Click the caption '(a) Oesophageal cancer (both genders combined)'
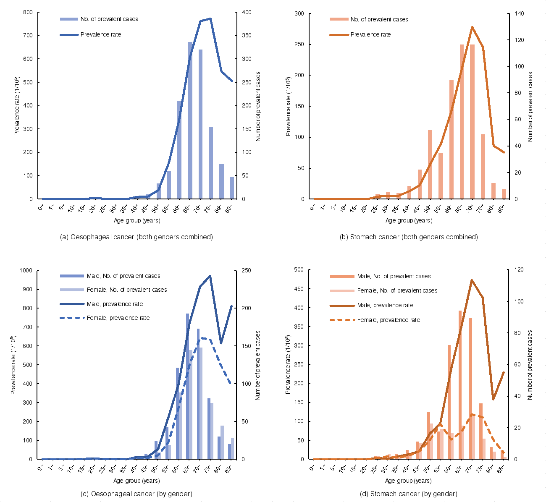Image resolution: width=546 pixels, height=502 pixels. click(x=136, y=237)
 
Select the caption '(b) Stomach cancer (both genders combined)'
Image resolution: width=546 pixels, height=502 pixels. click(x=409, y=237)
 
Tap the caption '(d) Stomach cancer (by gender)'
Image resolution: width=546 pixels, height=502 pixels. click(x=408, y=494)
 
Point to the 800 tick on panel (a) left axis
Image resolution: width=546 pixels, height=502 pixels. click(x=28, y=12)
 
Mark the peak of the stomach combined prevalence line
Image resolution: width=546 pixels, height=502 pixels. click(x=472, y=27)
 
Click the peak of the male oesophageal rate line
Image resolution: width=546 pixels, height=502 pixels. click(x=210, y=276)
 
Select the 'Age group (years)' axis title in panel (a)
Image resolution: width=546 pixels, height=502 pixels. click(x=137, y=220)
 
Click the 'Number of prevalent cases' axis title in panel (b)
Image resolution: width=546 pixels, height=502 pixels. click(x=530, y=107)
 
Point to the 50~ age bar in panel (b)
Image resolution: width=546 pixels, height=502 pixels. click(x=430, y=165)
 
